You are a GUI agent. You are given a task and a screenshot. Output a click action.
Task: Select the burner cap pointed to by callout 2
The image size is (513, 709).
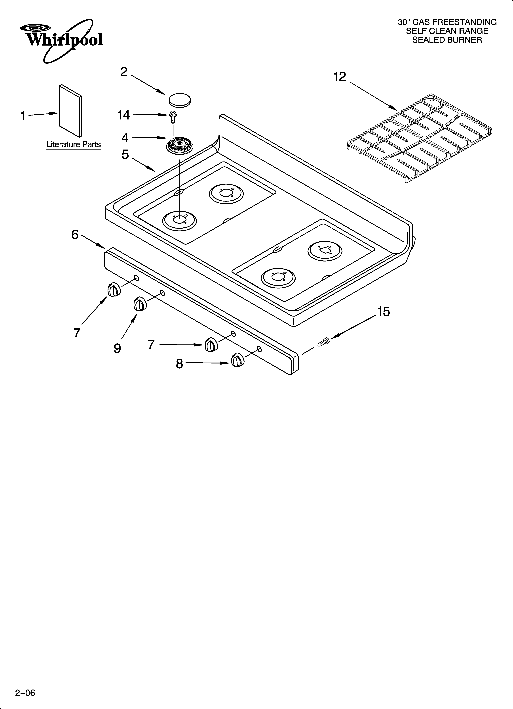click(180, 100)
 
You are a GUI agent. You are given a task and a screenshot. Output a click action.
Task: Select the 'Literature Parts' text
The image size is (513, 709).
click(73, 144)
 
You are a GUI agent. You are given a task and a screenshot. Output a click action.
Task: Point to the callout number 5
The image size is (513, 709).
click(125, 154)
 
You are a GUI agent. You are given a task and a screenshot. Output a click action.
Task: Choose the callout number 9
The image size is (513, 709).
click(117, 348)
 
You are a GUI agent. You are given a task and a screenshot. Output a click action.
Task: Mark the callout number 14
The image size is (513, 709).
click(124, 115)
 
